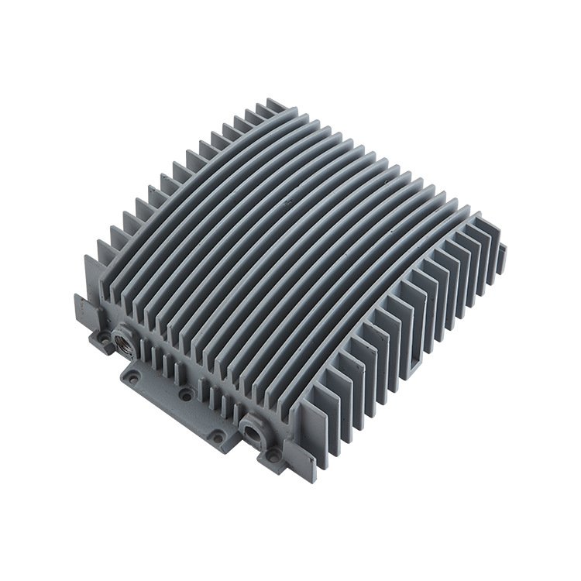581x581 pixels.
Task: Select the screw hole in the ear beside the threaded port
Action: (103, 339)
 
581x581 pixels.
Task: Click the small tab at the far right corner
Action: (503, 249)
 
